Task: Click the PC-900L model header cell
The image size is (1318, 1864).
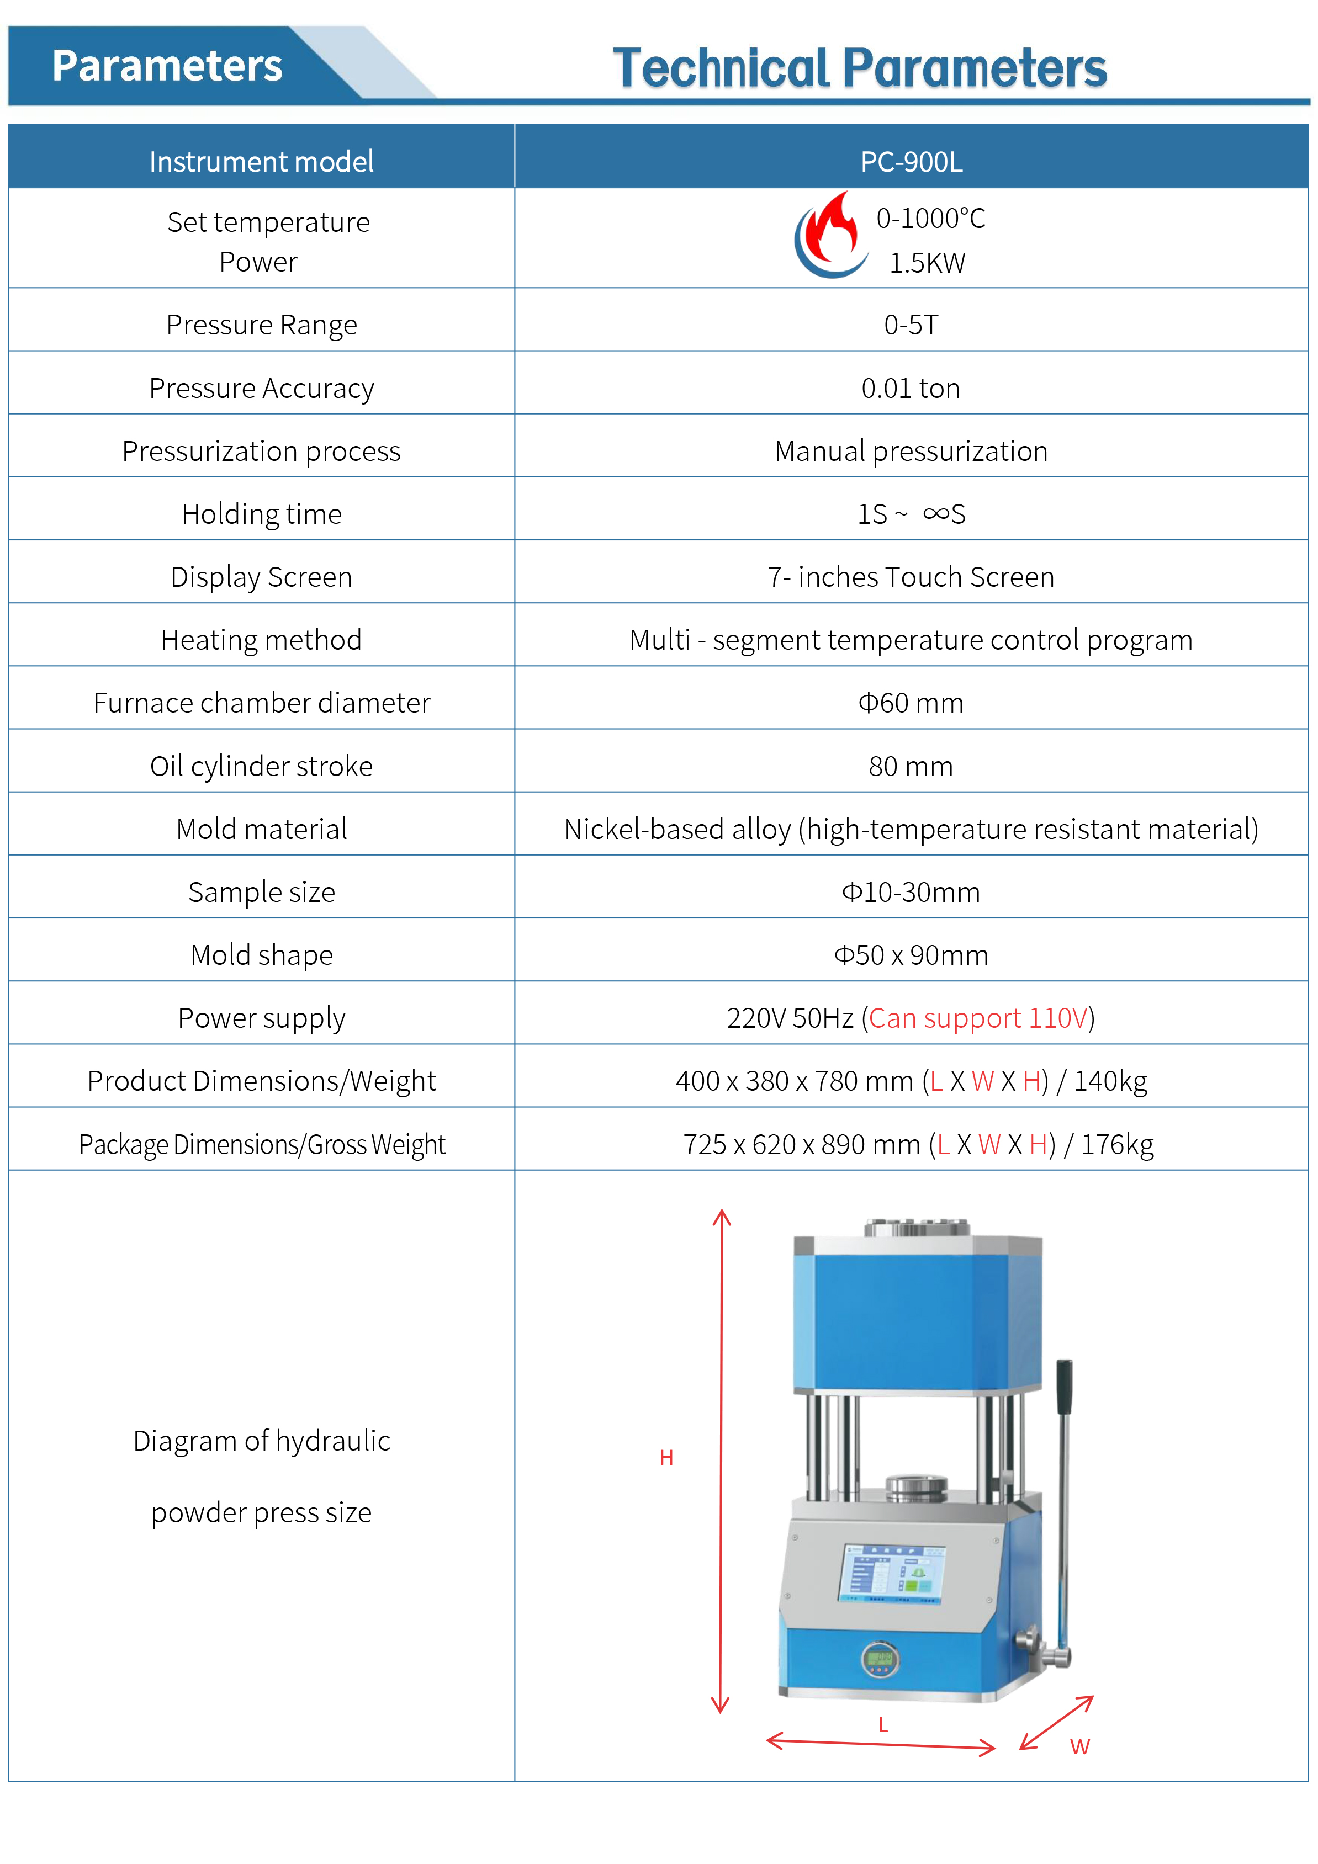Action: tap(911, 162)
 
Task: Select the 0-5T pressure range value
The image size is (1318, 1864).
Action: tap(911, 325)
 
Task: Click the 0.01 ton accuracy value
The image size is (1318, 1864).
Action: tap(911, 388)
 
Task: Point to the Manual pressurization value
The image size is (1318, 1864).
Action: tap(911, 450)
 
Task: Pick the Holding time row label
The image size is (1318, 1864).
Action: tap(262, 514)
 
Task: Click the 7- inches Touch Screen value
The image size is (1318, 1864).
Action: tap(911, 576)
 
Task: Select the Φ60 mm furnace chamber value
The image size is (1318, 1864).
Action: tap(911, 702)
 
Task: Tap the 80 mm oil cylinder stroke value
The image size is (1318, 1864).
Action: tap(911, 766)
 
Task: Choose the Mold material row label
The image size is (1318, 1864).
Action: tap(262, 829)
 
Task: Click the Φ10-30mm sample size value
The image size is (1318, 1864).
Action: tap(911, 891)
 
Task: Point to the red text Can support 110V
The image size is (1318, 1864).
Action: tap(978, 1017)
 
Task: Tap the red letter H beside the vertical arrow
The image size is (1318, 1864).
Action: tap(666, 1457)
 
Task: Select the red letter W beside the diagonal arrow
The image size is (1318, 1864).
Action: tap(1079, 1746)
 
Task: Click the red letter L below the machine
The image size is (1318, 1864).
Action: tap(883, 1724)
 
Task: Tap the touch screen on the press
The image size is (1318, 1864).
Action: tap(892, 1573)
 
